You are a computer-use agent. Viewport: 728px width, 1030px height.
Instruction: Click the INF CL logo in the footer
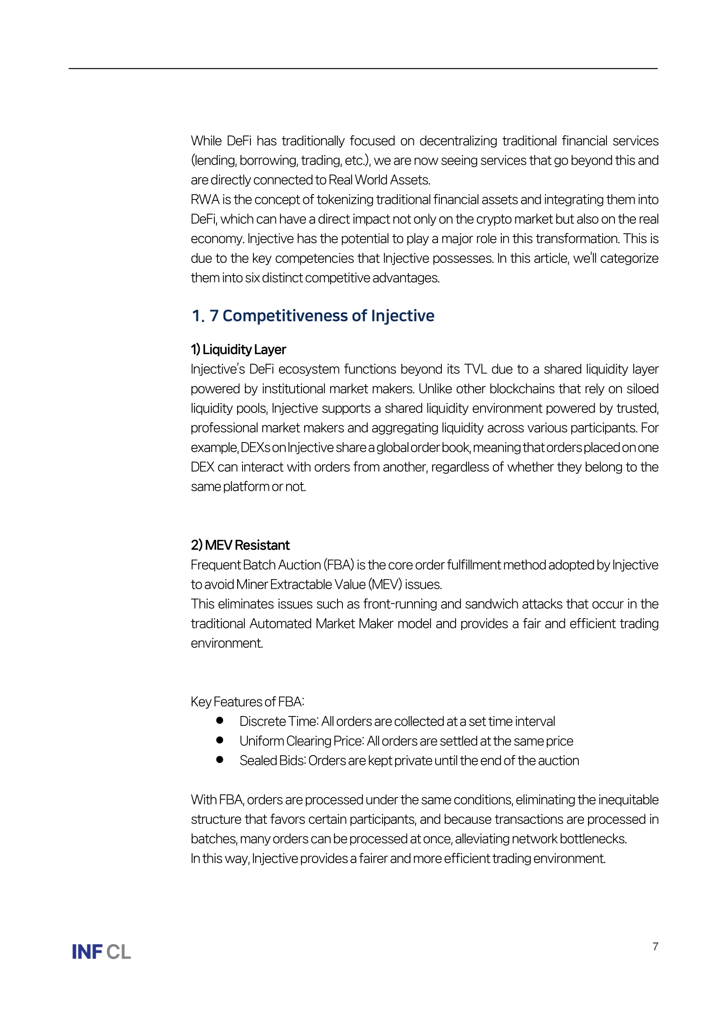coord(101,952)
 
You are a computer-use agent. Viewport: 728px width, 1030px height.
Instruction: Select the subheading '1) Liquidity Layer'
coord(238,350)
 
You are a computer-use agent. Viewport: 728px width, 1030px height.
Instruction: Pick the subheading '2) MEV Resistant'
coord(240,545)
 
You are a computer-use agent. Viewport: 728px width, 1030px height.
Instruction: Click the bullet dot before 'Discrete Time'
coord(220,720)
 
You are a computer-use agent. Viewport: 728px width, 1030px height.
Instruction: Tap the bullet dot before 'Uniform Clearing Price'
coord(220,740)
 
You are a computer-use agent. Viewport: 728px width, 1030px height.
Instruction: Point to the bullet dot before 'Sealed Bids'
coord(220,760)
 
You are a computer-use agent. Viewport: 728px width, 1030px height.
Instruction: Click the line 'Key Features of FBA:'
coord(247,701)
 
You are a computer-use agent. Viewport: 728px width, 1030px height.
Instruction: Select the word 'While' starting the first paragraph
coord(206,141)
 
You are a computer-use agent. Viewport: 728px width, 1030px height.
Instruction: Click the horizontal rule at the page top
coord(363,69)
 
